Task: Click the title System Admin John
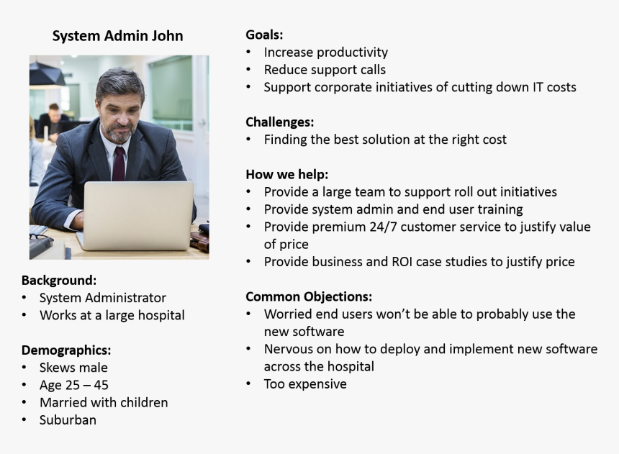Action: pyautogui.click(x=117, y=36)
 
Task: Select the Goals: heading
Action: pyautogui.click(x=264, y=35)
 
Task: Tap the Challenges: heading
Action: pyautogui.click(x=279, y=122)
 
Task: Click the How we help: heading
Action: pyautogui.click(x=286, y=174)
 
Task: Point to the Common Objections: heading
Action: pyautogui.click(x=309, y=296)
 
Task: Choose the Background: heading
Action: pyautogui.click(x=58, y=280)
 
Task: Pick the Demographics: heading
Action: pyautogui.click(x=66, y=350)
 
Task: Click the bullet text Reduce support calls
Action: pyautogui.click(x=325, y=70)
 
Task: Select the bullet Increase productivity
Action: pyautogui.click(x=325, y=53)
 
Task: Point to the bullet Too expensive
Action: pyautogui.click(x=305, y=384)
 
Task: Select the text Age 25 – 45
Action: pyautogui.click(x=74, y=385)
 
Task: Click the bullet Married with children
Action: pyautogui.click(x=104, y=403)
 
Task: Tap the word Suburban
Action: pyautogui.click(x=68, y=420)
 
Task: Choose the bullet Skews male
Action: pyautogui.click(x=73, y=368)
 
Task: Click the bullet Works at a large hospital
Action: pyautogui.click(x=112, y=315)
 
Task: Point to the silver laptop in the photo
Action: pyautogui.click(x=135, y=214)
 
